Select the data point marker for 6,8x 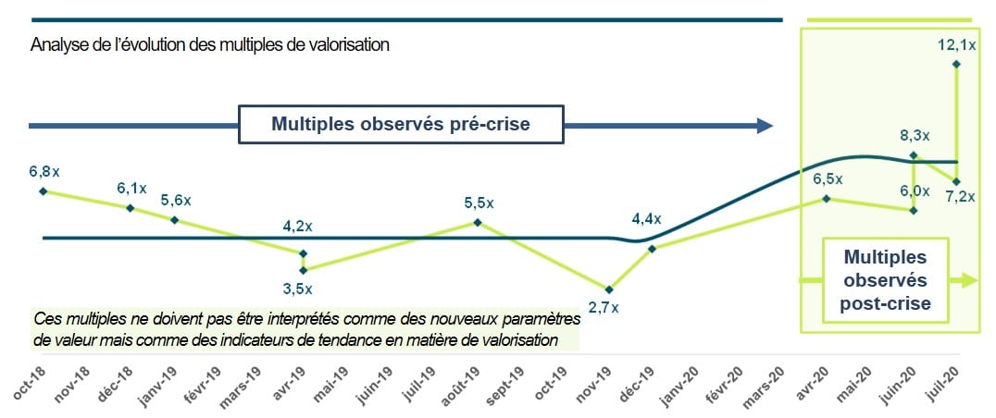coord(43,191)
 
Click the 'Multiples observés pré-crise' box coord(400,124)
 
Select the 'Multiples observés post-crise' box coord(885,279)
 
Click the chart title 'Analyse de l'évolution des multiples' coord(209,44)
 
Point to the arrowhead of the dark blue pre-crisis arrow coord(765,125)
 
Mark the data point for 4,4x coord(653,249)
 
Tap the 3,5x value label coord(297,289)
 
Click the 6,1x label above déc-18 coord(131,188)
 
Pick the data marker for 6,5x coord(827,199)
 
